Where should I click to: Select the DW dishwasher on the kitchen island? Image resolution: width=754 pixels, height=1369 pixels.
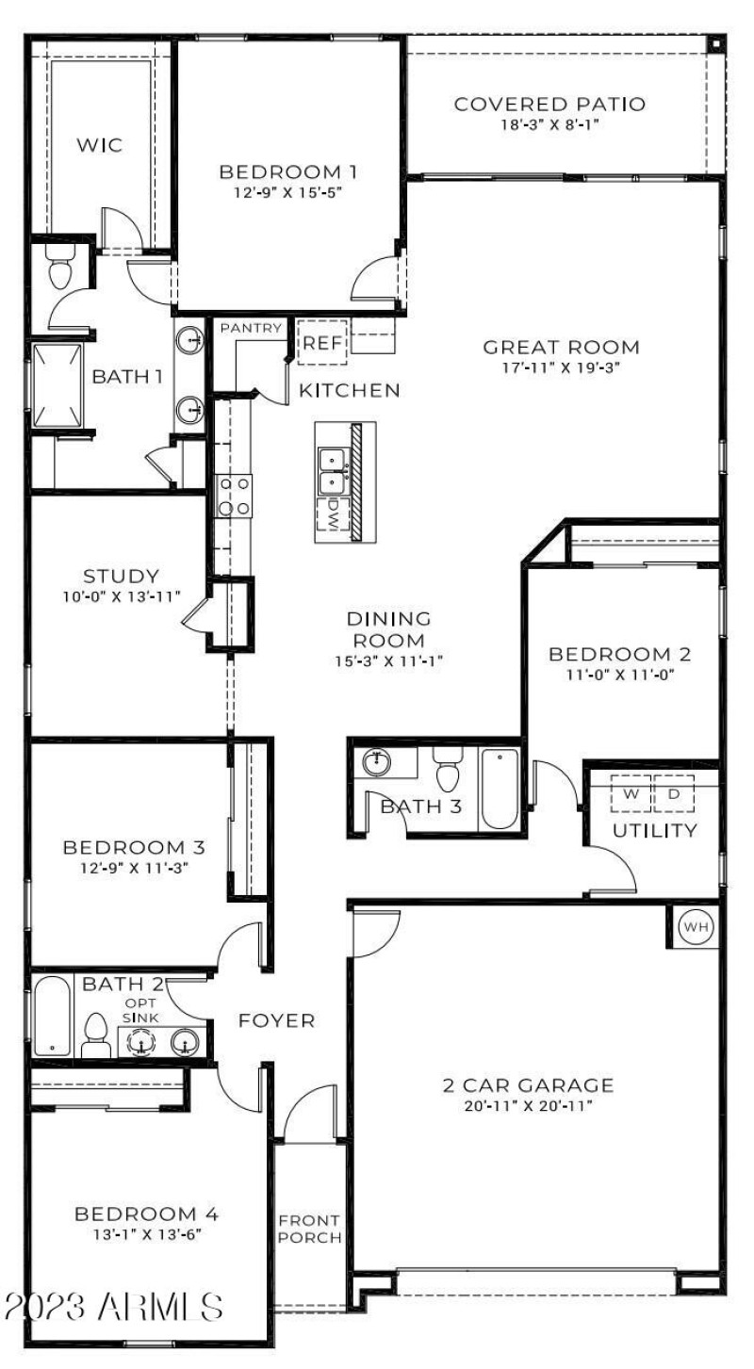point(333,514)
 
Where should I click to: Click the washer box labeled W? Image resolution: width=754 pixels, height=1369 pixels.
point(631,793)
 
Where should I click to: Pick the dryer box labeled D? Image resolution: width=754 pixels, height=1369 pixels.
point(673,793)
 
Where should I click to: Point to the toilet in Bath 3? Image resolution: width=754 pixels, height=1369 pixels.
point(448,772)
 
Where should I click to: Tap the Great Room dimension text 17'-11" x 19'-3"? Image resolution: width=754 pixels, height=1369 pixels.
point(561,368)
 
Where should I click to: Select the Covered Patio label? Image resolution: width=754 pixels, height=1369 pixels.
point(549,104)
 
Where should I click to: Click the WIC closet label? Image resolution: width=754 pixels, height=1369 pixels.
point(99,145)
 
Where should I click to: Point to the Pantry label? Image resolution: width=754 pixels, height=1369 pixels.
point(251,328)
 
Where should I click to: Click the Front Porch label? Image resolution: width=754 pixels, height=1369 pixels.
point(308,1229)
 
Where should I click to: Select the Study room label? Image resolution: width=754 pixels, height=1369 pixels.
point(120,576)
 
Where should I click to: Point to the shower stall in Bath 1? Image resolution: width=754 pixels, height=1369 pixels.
point(57,386)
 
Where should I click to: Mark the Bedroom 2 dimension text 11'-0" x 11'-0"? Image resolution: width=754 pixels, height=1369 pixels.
point(620,675)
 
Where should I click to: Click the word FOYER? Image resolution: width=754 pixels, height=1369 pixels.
point(275,1020)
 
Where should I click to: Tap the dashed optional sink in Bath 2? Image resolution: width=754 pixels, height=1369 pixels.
point(141,1042)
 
